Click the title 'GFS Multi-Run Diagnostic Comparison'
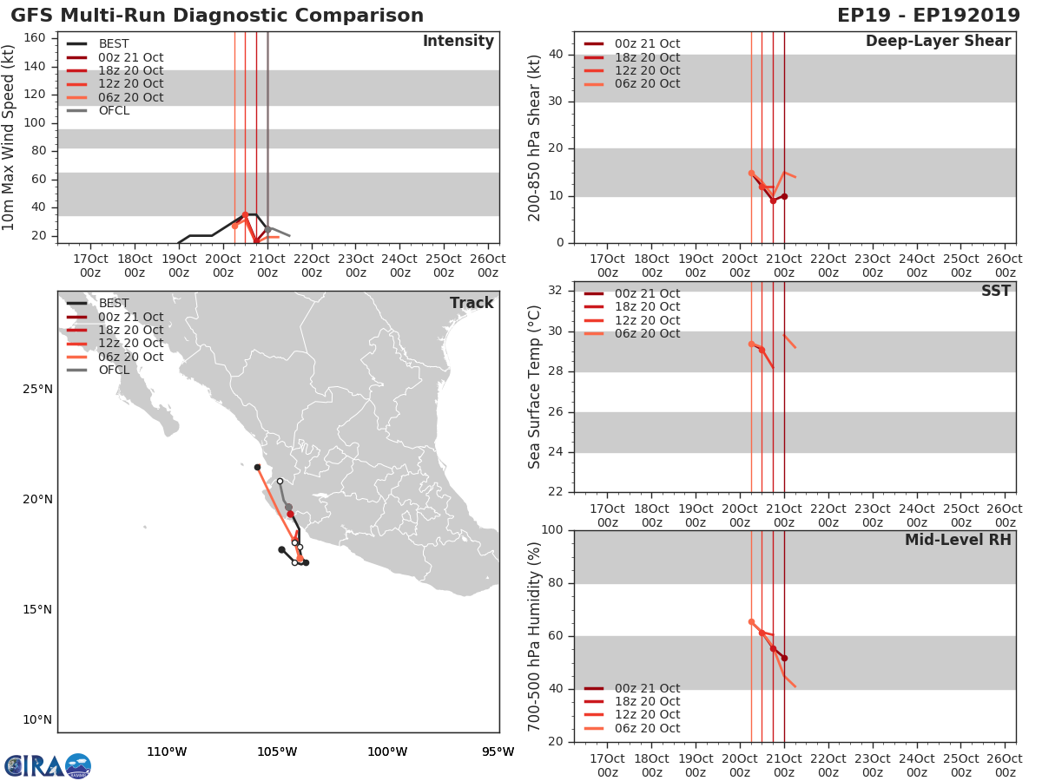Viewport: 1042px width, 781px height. tap(217, 16)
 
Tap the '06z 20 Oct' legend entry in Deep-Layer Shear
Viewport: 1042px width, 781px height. tap(647, 83)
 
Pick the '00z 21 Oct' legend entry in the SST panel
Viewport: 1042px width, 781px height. tap(647, 293)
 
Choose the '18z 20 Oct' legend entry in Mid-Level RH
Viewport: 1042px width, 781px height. tap(647, 701)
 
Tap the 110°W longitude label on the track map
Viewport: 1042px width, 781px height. tap(167, 751)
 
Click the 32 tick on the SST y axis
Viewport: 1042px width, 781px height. tap(557, 291)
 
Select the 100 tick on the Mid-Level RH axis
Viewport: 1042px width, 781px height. tap(552, 530)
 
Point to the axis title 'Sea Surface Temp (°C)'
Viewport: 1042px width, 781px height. tap(535, 386)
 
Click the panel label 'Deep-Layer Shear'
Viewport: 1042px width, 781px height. tap(938, 42)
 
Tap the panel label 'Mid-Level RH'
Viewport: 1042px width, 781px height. tap(958, 540)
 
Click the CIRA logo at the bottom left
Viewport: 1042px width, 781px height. tap(48, 766)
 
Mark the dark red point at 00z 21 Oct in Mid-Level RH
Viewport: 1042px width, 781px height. tap(784, 658)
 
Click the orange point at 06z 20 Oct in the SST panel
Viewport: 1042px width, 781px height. tap(751, 344)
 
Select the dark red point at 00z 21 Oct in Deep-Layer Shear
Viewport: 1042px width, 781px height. tap(784, 196)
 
